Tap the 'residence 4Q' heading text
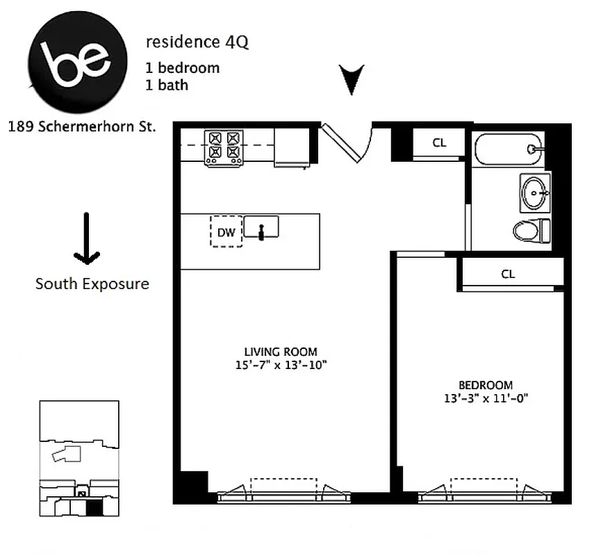click(197, 42)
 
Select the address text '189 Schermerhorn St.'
click(82, 127)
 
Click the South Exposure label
click(92, 284)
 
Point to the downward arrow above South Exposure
click(87, 238)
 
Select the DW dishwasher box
click(226, 232)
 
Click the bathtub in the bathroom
click(509, 148)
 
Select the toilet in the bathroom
click(532, 230)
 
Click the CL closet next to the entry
click(439, 143)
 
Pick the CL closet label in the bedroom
click(508, 274)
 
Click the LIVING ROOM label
click(281, 352)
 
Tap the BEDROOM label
click(486, 385)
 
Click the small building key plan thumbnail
click(79, 459)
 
